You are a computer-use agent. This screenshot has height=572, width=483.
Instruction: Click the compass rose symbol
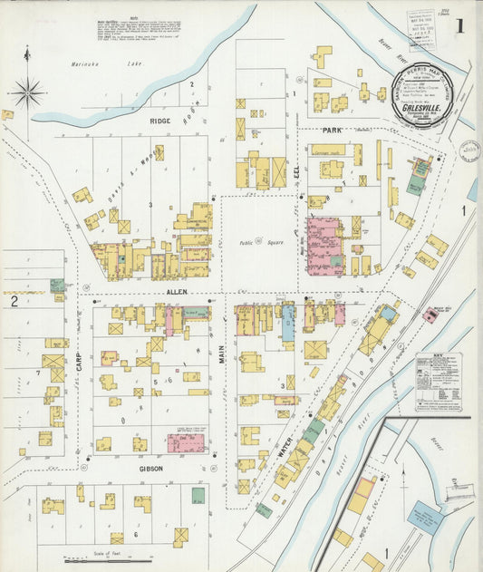point(27,92)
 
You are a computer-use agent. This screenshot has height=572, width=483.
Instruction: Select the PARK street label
point(329,131)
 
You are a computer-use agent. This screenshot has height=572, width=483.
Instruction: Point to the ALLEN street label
point(177,292)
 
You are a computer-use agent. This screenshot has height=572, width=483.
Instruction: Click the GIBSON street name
point(150,469)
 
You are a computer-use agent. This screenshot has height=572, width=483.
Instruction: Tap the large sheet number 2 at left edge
point(14,301)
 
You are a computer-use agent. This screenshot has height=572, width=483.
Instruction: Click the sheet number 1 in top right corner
point(459,24)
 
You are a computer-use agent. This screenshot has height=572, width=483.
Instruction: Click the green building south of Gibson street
point(198,496)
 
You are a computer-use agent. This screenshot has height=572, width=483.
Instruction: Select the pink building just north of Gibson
point(185,442)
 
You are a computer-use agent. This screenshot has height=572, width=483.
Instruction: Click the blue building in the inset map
point(424,519)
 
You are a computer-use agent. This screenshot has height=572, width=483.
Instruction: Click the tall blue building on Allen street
point(288,323)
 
